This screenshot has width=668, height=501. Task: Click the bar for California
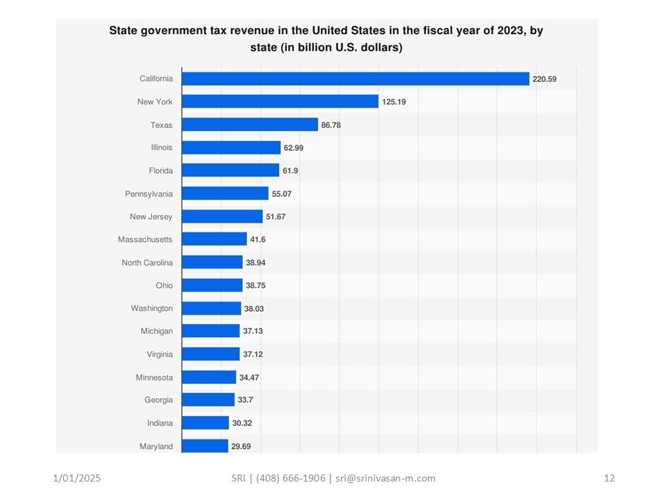[356, 79]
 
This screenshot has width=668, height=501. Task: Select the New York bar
[280, 102]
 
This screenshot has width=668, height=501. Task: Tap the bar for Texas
[250, 125]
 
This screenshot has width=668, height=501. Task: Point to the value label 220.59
[544, 79]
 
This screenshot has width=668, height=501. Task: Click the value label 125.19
[394, 102]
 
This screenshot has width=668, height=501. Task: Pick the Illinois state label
[161, 148]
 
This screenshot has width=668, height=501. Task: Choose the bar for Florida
[230, 170]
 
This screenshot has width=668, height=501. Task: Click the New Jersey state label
[151, 216]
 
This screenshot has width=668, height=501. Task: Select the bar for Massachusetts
[214, 239]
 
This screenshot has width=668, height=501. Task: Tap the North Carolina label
[147, 262]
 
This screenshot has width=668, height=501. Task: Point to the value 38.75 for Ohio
[257, 285]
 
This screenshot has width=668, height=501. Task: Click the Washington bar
[212, 308]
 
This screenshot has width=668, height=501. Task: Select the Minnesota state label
[154, 377]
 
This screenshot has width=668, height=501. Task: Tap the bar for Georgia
[208, 400]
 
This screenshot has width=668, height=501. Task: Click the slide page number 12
[610, 478]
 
